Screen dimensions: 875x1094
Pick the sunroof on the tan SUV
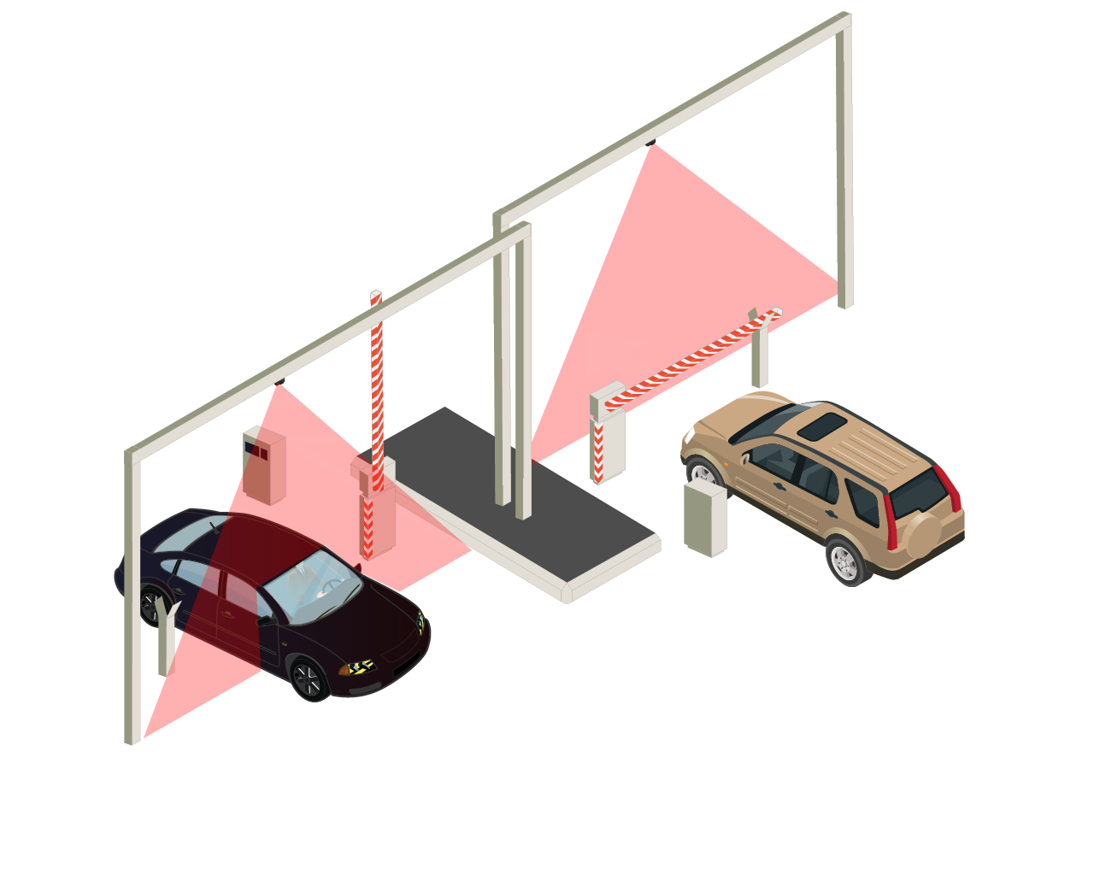[x=822, y=426]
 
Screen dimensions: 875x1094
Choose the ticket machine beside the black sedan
[x=263, y=466]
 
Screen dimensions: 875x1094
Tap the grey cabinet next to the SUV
[x=704, y=519]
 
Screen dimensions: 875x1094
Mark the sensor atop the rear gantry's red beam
[x=650, y=143]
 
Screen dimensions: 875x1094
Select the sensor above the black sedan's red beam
[x=279, y=382]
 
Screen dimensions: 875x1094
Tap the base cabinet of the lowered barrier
[x=608, y=449]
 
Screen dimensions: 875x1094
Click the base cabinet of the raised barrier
[x=376, y=517]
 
